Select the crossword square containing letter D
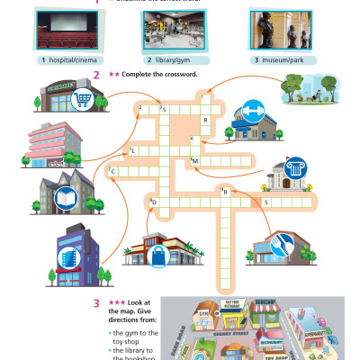pos(155,203)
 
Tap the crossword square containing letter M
pos(195,161)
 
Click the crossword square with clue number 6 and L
pos(134,151)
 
